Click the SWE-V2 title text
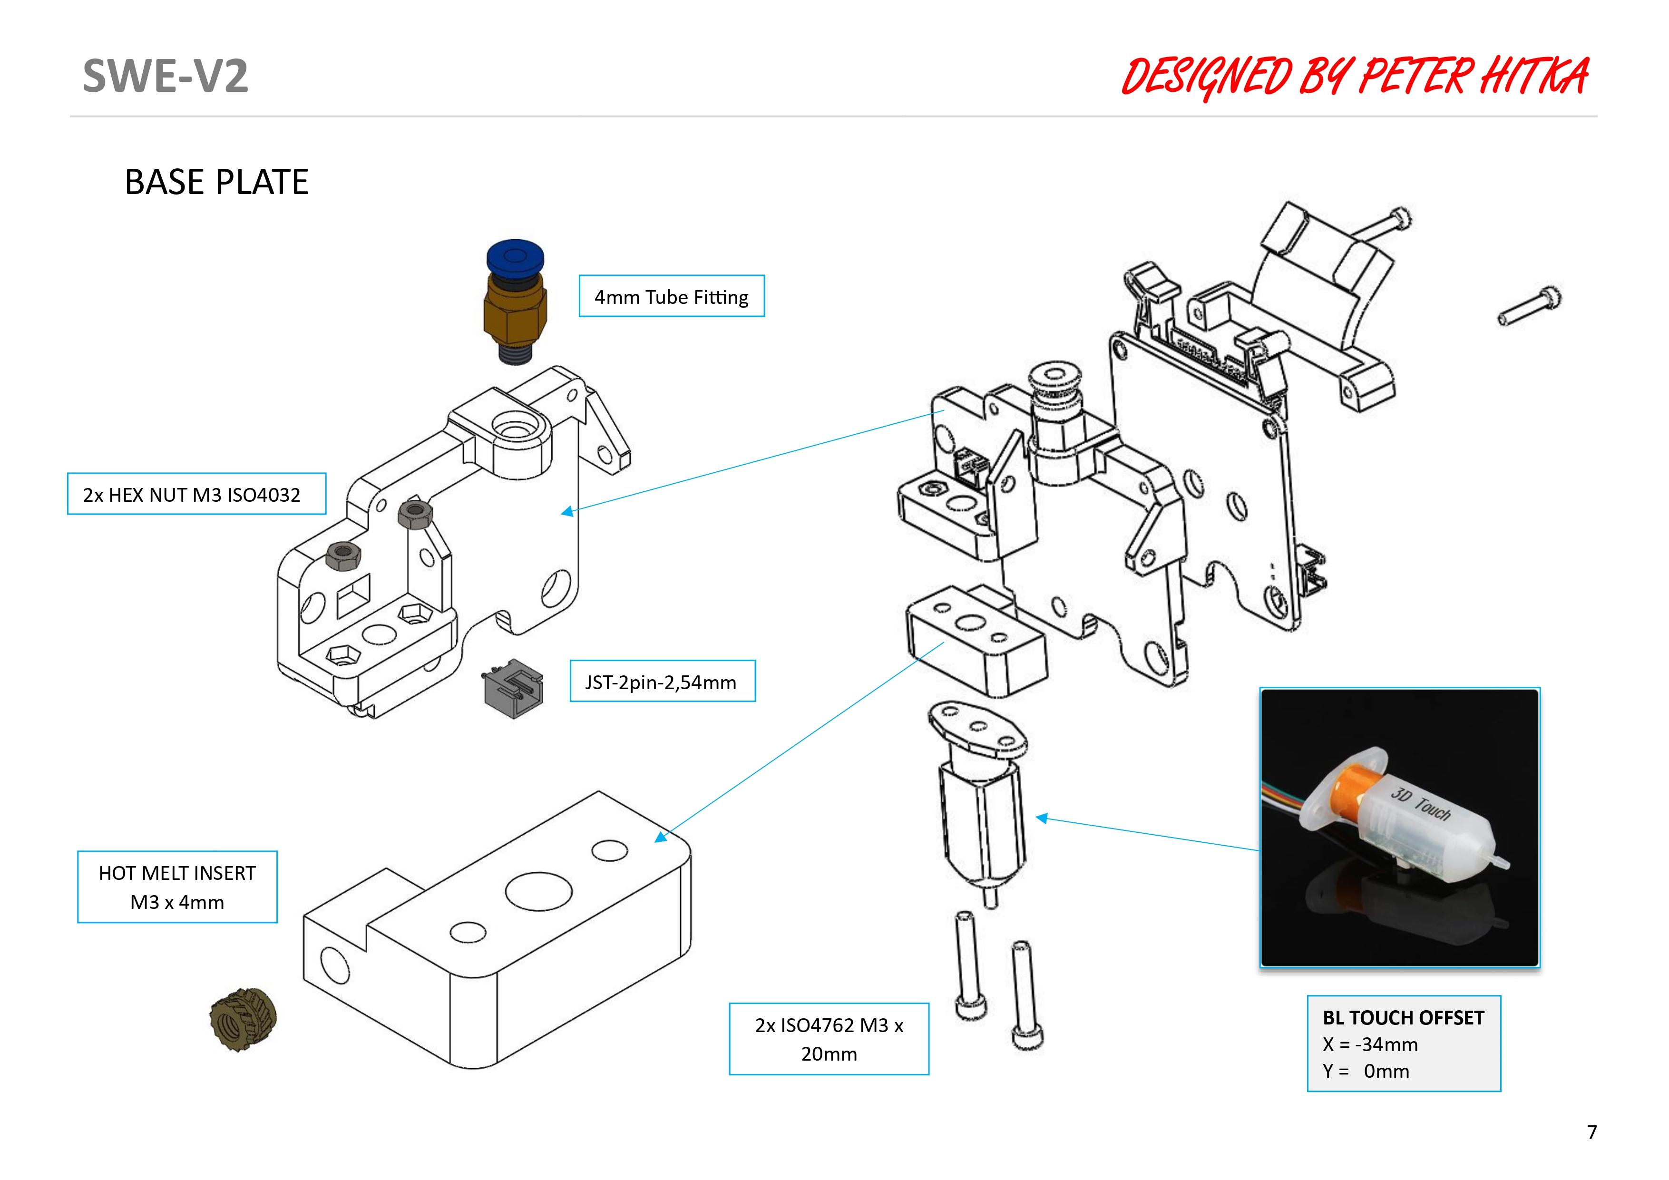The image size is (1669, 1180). click(x=165, y=76)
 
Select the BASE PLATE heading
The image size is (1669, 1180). click(x=216, y=182)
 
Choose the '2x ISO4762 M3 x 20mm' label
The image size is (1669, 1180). click(x=829, y=1038)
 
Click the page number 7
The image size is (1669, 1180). click(x=1592, y=1132)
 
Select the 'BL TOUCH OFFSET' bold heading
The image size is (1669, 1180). click(x=1403, y=1018)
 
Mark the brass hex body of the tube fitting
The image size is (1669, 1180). click(x=515, y=312)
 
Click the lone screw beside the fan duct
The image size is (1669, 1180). click(x=1530, y=307)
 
